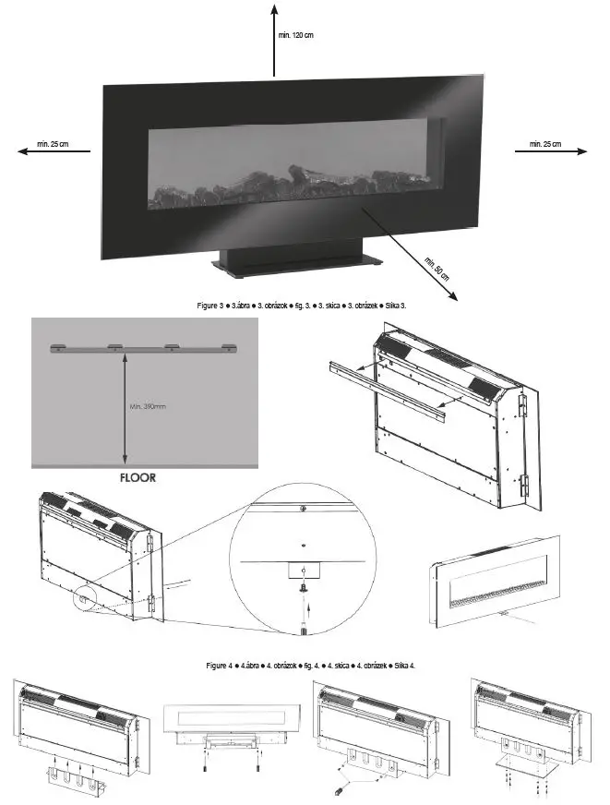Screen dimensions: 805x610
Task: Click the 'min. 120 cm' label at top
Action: coord(296,35)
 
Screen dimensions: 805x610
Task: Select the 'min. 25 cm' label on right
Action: coord(544,145)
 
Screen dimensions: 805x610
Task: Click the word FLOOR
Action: coord(138,478)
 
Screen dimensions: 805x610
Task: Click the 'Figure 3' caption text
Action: coord(304,306)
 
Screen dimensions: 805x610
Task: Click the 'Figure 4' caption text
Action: coord(304,665)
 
